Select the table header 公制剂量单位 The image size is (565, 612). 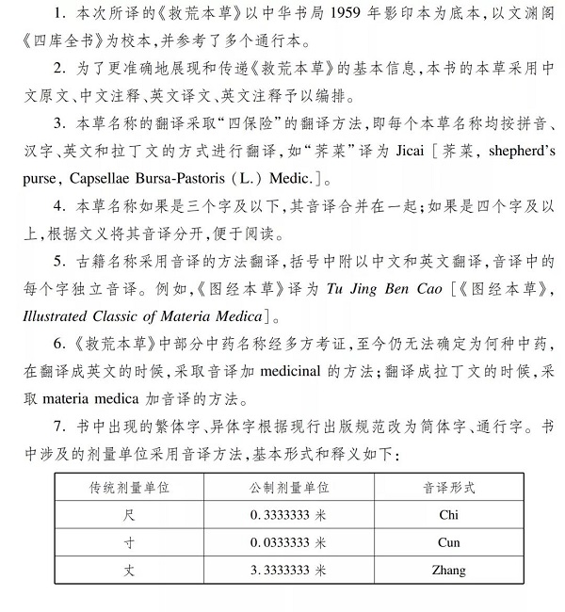coord(289,489)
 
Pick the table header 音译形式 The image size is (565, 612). coord(448,489)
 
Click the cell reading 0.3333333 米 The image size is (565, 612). coord(289,515)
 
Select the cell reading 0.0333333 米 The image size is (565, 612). coord(289,542)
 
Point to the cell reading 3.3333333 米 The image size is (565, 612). coord(289,570)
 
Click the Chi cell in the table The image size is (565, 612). coord(448,515)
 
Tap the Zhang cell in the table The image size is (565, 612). coord(448,570)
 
